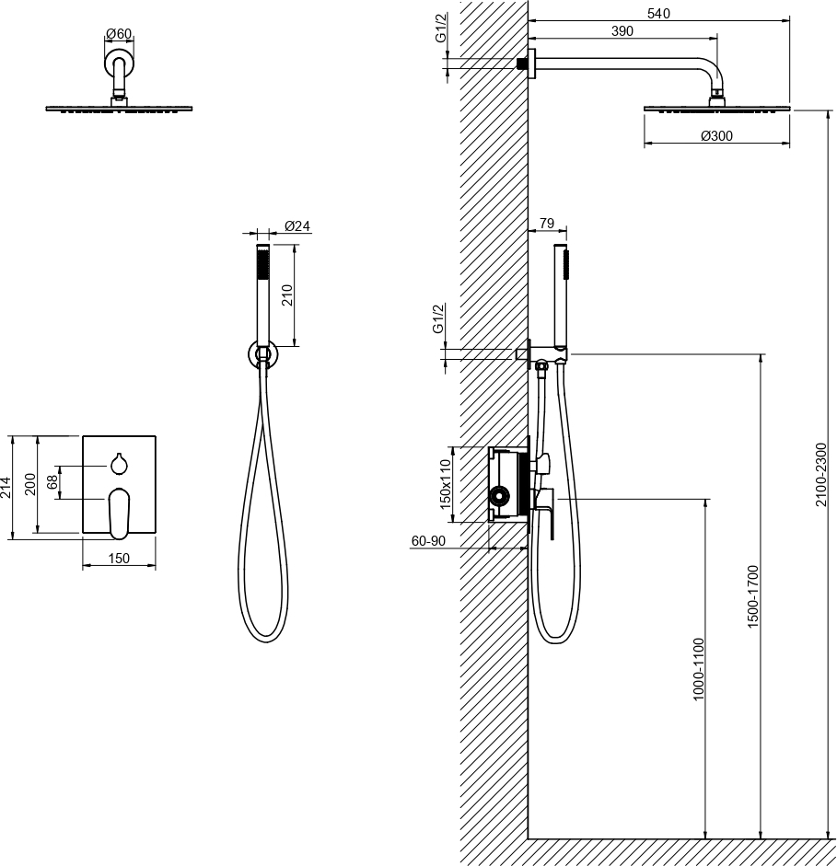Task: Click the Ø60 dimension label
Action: click(119, 34)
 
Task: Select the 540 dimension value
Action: click(658, 13)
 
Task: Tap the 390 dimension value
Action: click(622, 31)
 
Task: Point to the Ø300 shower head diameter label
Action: click(716, 135)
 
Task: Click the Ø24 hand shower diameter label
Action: click(297, 225)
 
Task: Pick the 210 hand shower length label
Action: click(286, 295)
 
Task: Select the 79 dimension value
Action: click(546, 223)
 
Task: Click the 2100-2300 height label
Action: click(820, 475)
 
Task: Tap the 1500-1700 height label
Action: click(753, 596)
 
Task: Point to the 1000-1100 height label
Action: click(698, 669)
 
